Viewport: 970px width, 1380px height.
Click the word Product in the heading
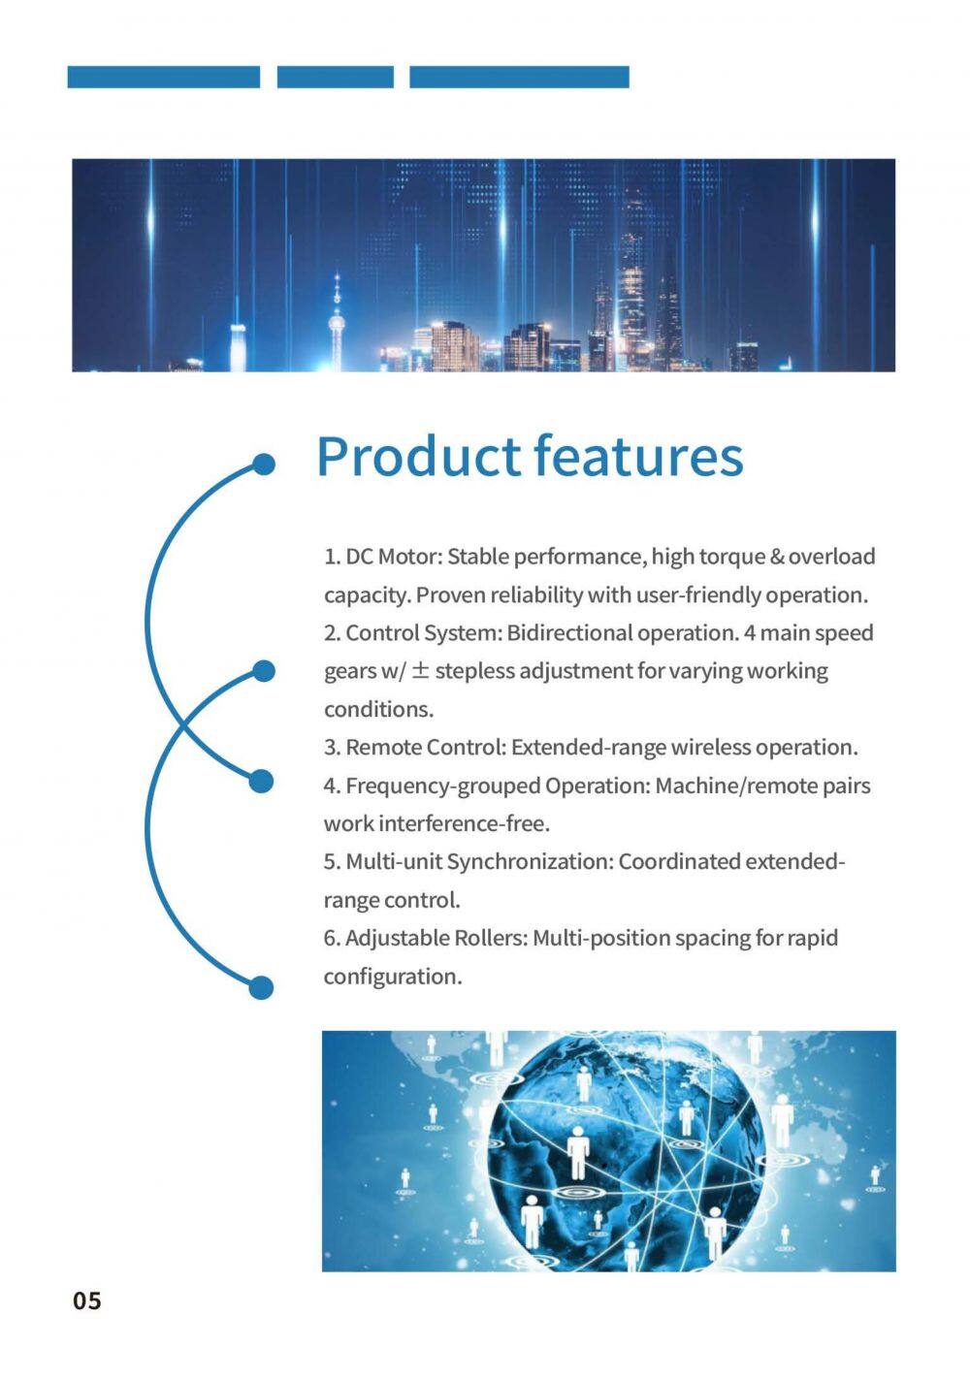coord(417,457)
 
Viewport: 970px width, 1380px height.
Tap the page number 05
coord(87,1300)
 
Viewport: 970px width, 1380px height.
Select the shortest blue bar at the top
coord(336,77)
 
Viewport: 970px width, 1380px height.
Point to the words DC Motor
coord(391,557)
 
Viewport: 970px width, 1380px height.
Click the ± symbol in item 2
coord(420,670)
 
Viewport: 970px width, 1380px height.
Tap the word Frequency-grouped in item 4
coord(442,786)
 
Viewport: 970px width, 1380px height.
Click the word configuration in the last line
coord(391,978)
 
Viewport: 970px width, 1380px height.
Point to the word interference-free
coord(464,823)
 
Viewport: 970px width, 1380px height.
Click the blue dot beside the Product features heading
coord(265,465)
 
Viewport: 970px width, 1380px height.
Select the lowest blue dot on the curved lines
coord(261,987)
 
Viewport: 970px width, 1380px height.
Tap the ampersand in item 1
coord(777,557)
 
